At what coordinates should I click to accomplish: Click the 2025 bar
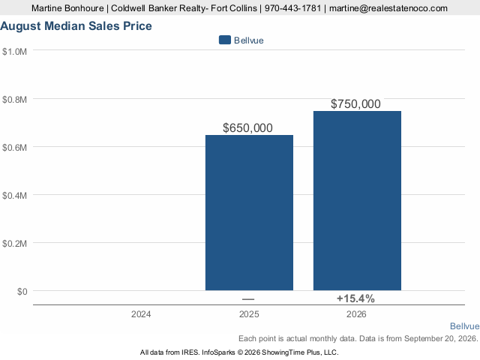[249, 212]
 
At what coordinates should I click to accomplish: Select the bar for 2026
[357, 200]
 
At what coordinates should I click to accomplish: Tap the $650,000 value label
[247, 128]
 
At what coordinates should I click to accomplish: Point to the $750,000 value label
[355, 104]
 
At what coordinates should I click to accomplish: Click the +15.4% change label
[355, 298]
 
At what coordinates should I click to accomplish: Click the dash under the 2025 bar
[248, 299]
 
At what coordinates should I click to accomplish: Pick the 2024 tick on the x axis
[141, 314]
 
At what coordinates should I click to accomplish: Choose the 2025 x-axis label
[249, 314]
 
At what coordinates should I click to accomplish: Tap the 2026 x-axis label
[356, 314]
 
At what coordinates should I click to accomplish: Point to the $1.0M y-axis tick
[14, 52]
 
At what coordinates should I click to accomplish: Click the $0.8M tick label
[14, 100]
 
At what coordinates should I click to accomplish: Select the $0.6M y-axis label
[14, 148]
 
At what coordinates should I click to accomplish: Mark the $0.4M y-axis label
[14, 195]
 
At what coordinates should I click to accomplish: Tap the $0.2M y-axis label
[14, 243]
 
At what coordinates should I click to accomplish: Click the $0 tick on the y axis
[22, 292]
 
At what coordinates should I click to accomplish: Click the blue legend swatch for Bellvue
[225, 40]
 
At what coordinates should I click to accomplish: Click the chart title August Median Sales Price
[76, 26]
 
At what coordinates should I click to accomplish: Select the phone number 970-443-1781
[292, 8]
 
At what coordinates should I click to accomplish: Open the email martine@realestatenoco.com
[388, 8]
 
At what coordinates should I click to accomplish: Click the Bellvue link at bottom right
[464, 326]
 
